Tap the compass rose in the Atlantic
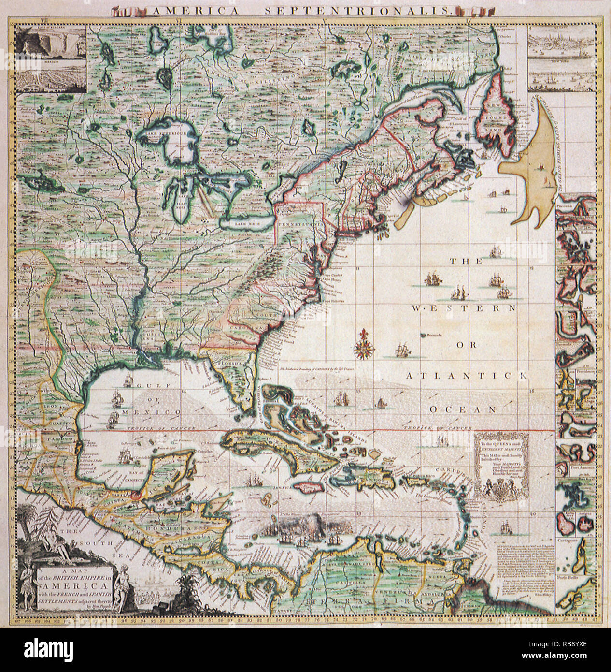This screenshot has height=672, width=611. [362, 344]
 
